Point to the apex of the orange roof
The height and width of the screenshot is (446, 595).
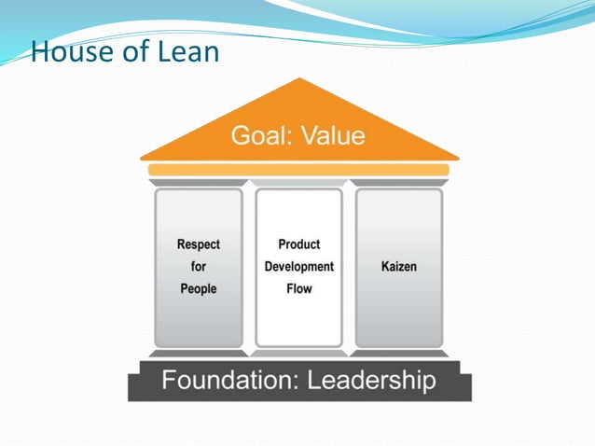click(299, 81)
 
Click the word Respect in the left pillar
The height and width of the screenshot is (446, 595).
click(199, 244)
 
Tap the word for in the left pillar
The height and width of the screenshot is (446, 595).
click(199, 267)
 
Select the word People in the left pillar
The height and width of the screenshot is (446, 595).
click(199, 289)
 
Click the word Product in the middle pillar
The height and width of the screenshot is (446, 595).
click(298, 244)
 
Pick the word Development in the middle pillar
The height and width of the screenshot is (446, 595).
click(298, 267)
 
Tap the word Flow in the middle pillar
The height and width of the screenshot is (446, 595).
click(298, 289)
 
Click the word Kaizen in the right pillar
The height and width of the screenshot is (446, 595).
click(399, 267)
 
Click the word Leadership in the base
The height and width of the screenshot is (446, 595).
click(372, 382)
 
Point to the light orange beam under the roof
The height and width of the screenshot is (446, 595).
click(298, 170)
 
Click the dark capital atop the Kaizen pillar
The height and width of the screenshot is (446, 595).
click(399, 183)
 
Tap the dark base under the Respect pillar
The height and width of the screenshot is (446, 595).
click(199, 353)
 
